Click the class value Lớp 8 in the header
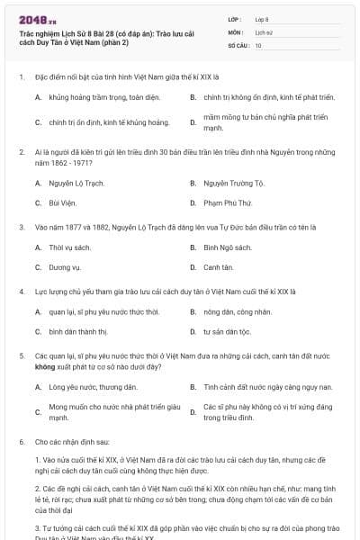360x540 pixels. (x=261, y=18)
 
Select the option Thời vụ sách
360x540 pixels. (x=70, y=247)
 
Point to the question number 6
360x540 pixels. (x=21, y=443)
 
